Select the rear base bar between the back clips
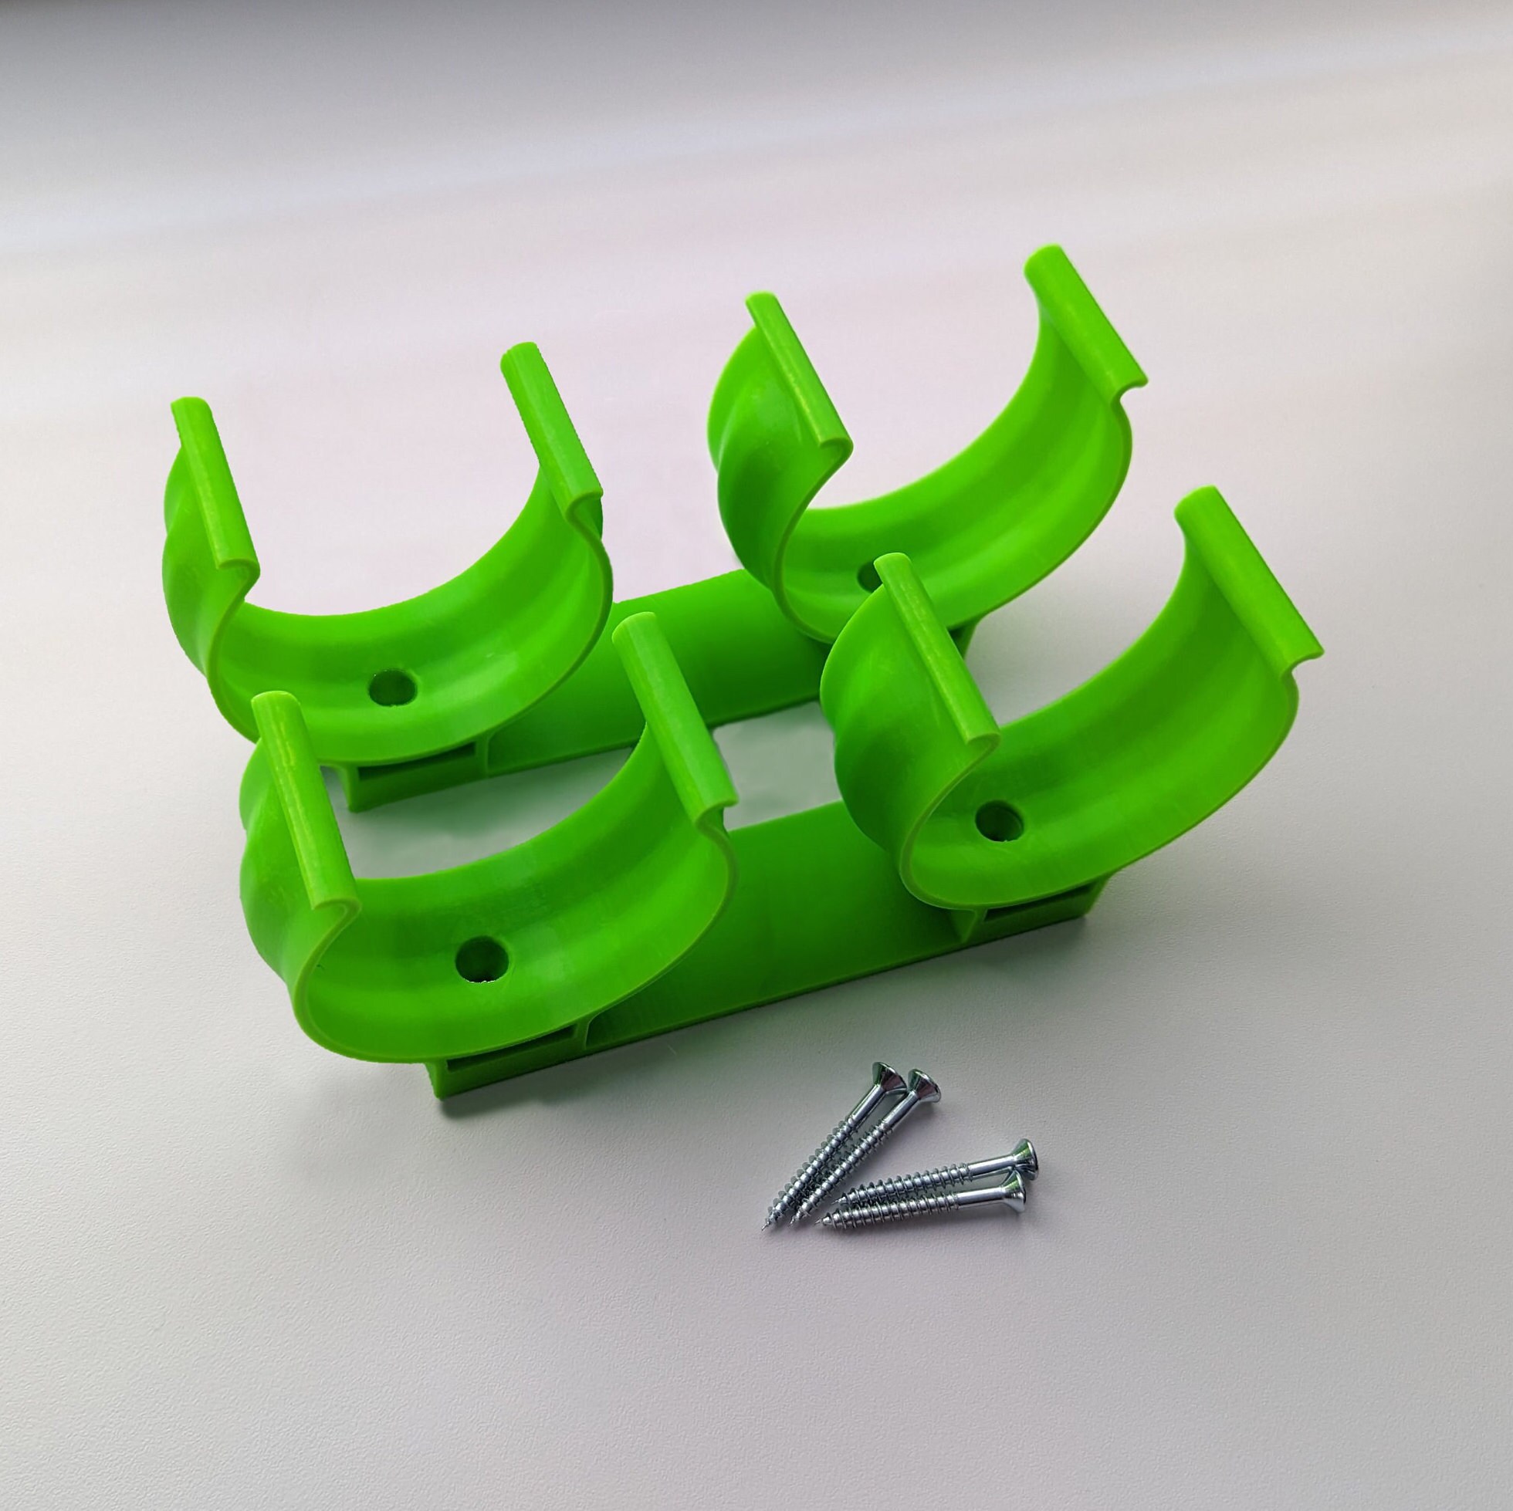point(705,642)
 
